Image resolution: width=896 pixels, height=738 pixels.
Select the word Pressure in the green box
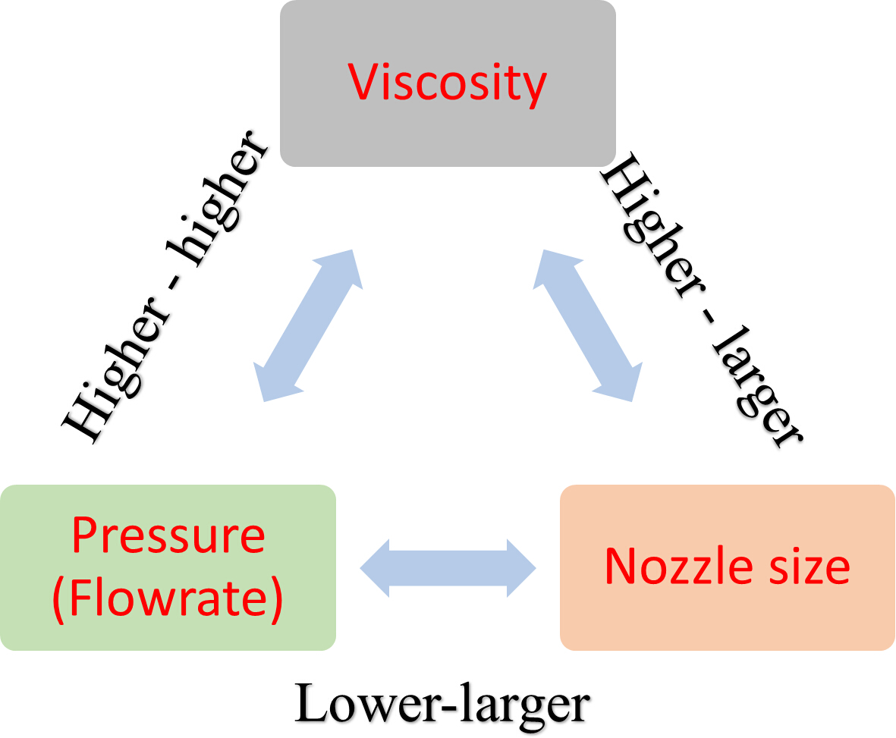click(168, 535)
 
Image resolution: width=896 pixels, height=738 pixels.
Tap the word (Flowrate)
click(168, 599)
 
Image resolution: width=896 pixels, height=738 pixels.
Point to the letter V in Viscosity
click(362, 83)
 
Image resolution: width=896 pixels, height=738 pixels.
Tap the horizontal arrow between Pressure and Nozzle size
click(448, 567)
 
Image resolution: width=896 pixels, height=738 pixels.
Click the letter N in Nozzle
click(619, 566)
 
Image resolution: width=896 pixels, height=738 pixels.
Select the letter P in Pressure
click(83, 535)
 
